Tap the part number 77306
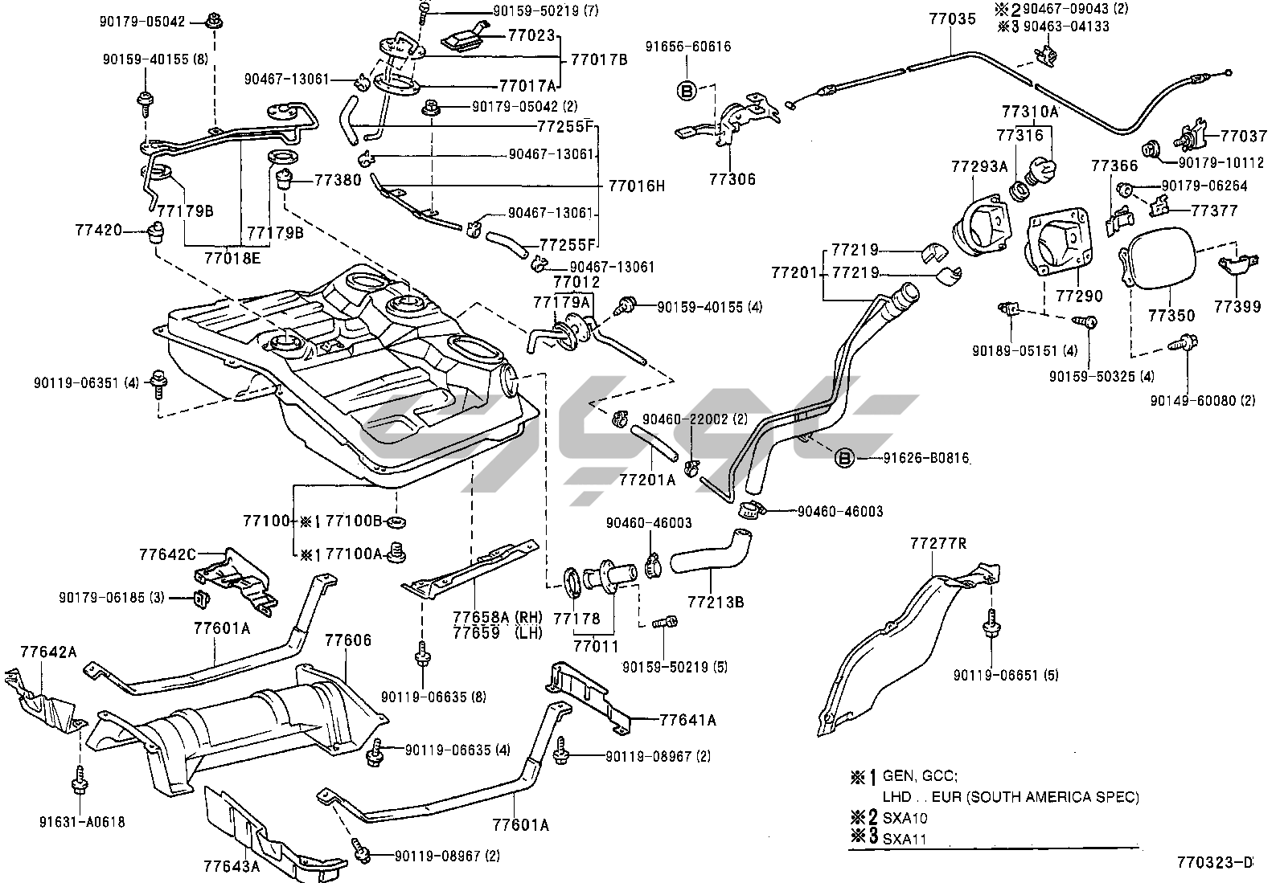point(732,180)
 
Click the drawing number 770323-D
point(1215,863)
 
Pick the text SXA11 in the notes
point(905,839)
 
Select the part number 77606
point(347,640)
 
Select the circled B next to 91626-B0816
point(844,459)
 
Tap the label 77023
point(531,35)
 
